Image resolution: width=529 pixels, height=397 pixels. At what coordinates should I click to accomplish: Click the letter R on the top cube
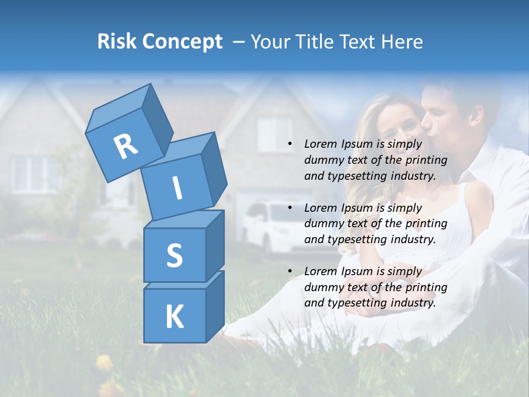coord(126,146)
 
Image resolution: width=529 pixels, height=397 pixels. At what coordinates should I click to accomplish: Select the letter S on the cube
coord(174,256)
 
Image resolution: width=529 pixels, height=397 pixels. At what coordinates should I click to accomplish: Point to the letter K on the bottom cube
coord(174,317)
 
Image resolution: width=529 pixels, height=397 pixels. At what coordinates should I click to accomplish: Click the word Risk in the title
coord(117,42)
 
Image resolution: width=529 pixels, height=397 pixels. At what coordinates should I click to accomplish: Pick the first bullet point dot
coord(290,144)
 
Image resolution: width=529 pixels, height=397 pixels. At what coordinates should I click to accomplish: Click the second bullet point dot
coord(290,208)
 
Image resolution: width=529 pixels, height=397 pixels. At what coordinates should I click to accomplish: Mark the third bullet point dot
coord(290,272)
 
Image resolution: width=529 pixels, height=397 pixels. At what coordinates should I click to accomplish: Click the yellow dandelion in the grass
coord(104,362)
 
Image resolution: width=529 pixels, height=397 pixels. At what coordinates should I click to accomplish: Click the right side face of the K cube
coord(215,306)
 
